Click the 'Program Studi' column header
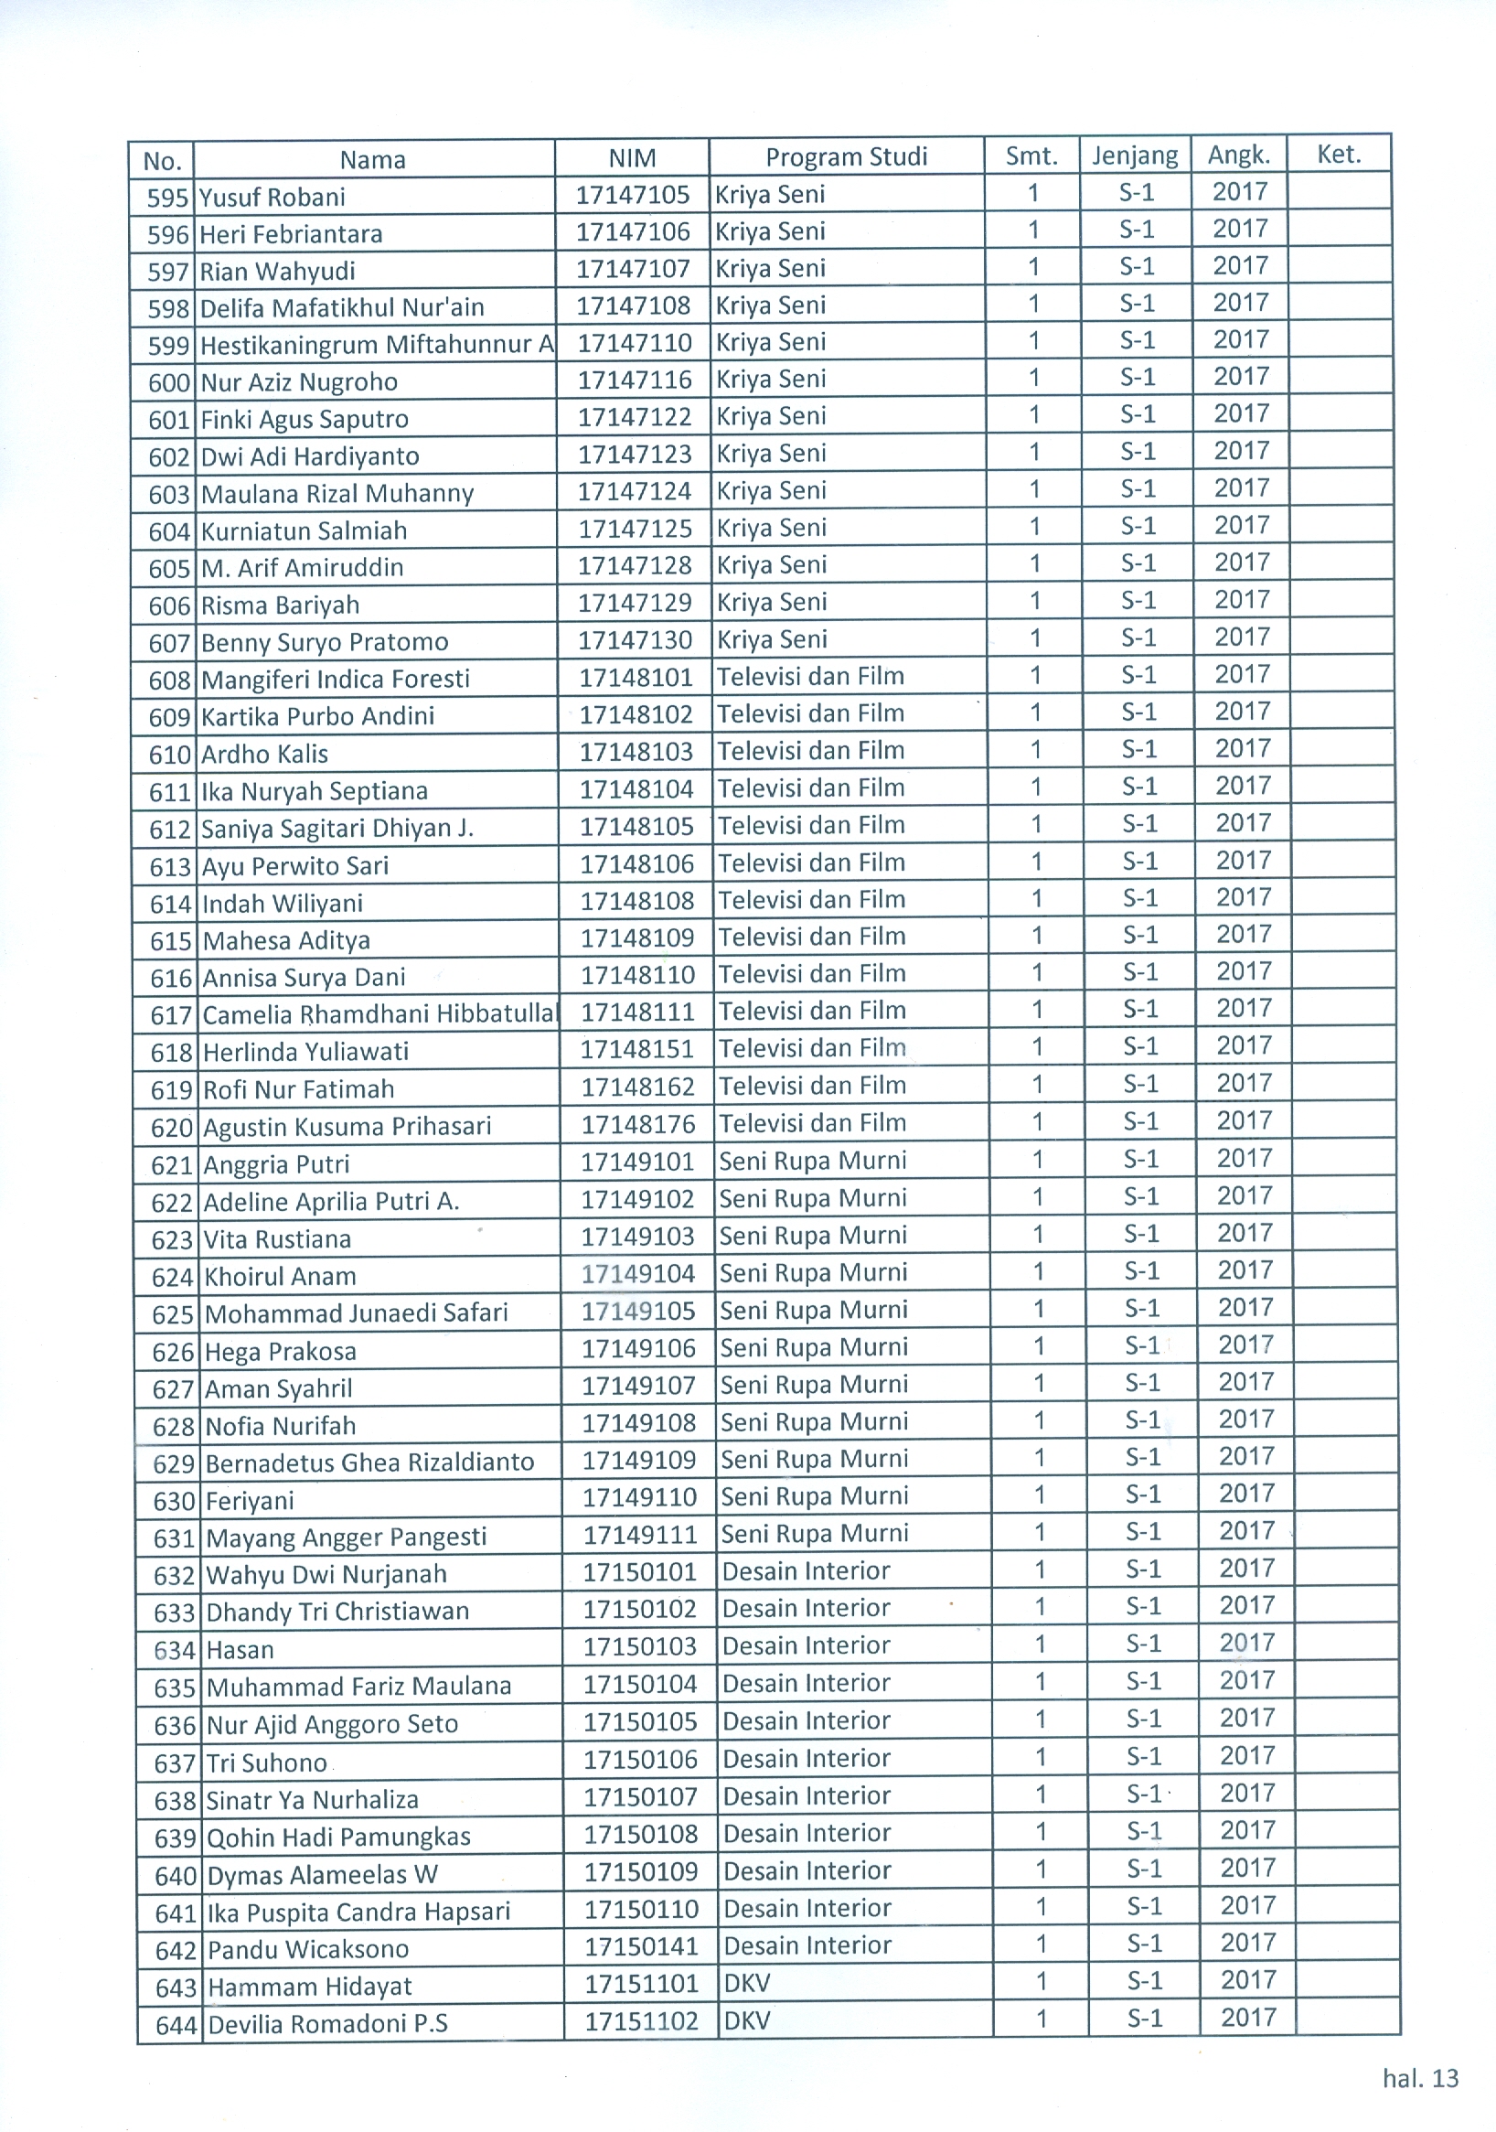coord(846,157)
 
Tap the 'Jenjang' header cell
coord(1135,155)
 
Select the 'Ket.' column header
coord(1338,155)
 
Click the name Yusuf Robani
coord(273,197)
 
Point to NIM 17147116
coord(636,380)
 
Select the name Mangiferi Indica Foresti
coord(336,679)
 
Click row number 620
coord(170,1129)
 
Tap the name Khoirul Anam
coord(280,1277)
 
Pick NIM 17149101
coord(638,1162)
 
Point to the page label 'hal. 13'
coord(1421,2078)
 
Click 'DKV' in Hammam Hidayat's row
coord(746,1985)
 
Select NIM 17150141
coord(641,1946)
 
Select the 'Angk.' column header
coord(1239,155)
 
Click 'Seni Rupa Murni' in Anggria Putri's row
coord(813,1161)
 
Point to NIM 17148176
coord(638,1124)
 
